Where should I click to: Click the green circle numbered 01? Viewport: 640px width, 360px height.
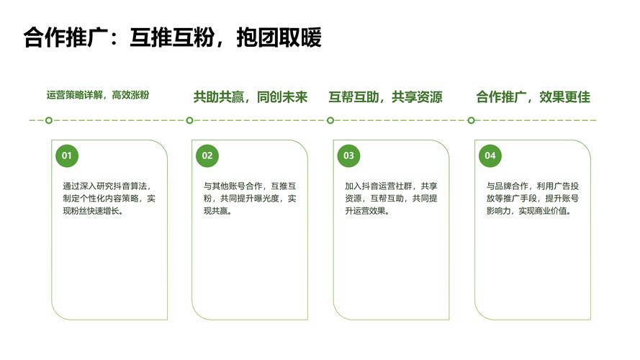[x=66, y=156]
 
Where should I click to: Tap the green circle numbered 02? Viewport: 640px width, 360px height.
[x=207, y=156]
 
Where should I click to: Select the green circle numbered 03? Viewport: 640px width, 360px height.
[x=348, y=156]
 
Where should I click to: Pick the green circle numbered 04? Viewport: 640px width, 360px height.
[x=490, y=156]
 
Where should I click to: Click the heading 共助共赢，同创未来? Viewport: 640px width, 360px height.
[x=250, y=97]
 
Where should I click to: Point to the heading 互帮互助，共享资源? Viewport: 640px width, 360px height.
[x=385, y=97]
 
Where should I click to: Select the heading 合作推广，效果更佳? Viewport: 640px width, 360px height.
[x=533, y=97]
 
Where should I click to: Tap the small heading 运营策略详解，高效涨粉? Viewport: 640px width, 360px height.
[x=98, y=95]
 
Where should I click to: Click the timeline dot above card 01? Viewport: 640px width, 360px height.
[x=48, y=120]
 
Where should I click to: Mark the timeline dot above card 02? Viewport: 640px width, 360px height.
[x=189, y=120]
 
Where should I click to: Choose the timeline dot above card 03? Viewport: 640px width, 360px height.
[x=330, y=120]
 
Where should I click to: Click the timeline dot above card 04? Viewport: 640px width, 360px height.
[x=472, y=120]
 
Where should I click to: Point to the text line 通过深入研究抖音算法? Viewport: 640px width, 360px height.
[x=106, y=186]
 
